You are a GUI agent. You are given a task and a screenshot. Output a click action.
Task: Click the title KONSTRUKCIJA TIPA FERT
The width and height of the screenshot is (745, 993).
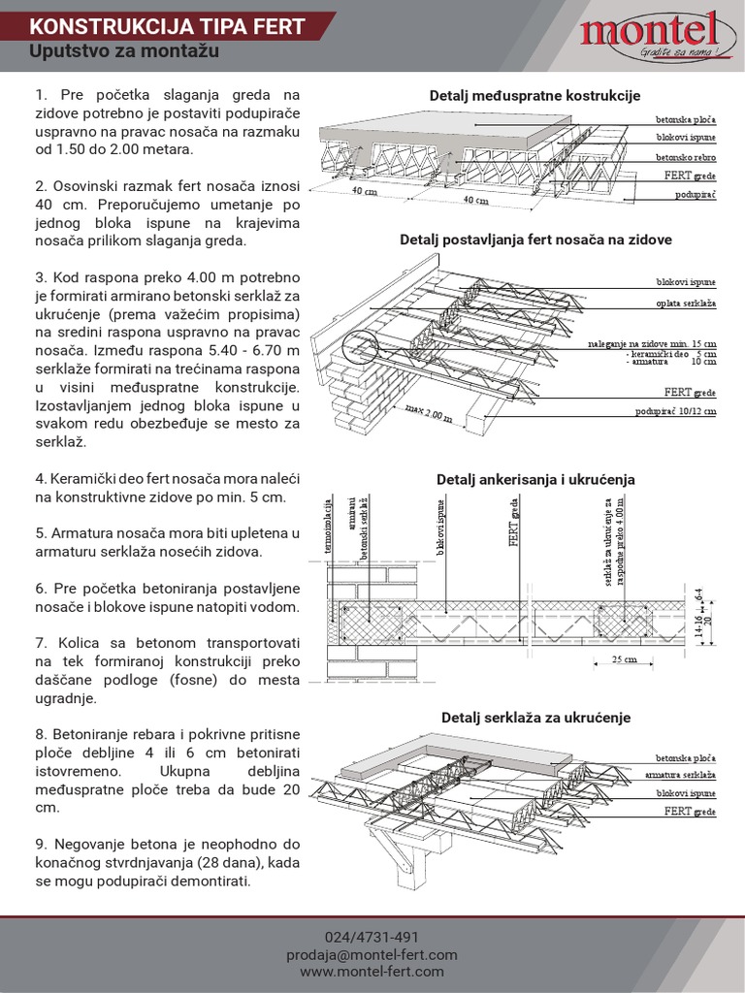tap(168, 26)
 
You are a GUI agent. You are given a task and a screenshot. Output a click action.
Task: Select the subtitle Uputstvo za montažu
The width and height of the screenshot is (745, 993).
tap(117, 51)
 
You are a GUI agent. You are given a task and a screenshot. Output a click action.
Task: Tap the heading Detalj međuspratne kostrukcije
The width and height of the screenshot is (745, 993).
tap(534, 96)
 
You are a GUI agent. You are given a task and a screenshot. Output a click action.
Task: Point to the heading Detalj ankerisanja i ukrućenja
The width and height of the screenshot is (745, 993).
tap(535, 479)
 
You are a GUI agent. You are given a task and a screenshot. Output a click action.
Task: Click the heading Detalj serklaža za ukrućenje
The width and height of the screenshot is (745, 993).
tap(535, 718)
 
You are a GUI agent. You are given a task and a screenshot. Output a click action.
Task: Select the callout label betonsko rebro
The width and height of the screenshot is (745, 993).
tap(685, 157)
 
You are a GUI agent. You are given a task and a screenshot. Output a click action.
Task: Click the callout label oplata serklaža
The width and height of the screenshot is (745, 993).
tap(685, 304)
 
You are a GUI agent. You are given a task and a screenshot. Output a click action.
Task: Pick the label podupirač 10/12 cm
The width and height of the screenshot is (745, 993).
tap(675, 411)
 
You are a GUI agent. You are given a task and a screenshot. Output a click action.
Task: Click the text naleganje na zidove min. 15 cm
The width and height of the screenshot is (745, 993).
tap(652, 344)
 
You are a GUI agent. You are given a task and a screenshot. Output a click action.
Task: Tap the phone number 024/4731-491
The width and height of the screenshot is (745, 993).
tap(372, 937)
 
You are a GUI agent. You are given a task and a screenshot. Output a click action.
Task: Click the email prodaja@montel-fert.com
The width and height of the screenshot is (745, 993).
tap(372, 954)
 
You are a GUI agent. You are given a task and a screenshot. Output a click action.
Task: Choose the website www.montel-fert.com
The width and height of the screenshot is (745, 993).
tap(372, 972)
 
